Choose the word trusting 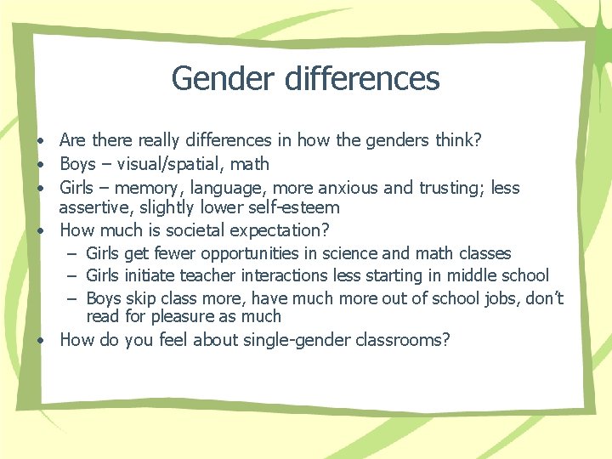click(x=453, y=188)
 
